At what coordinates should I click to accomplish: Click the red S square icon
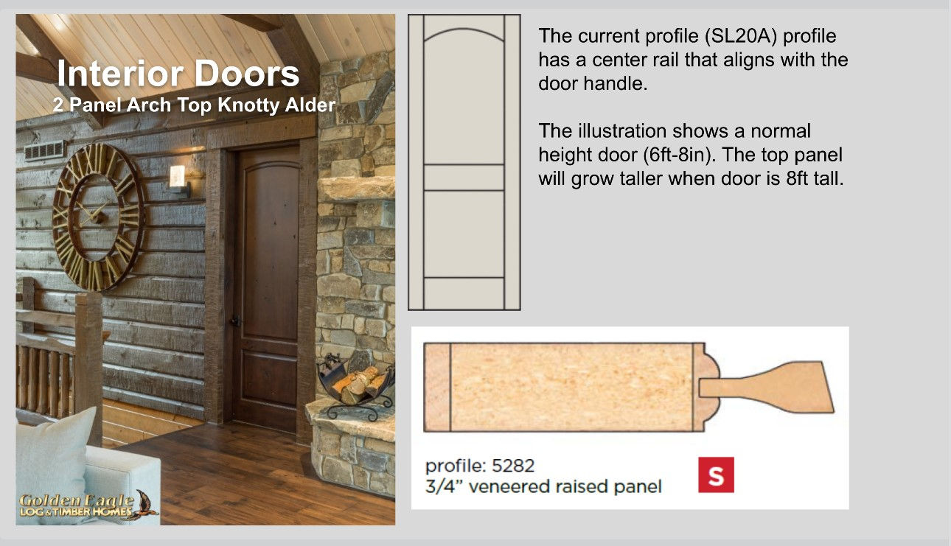click(x=716, y=475)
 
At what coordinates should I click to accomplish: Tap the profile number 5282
click(x=513, y=466)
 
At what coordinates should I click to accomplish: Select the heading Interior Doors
click(x=178, y=74)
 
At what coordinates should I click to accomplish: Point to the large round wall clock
click(x=99, y=217)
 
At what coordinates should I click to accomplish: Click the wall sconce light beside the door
click(x=178, y=181)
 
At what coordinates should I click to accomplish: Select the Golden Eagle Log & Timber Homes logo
click(x=88, y=506)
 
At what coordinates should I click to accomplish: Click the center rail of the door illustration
click(x=464, y=178)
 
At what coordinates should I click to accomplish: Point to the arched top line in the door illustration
click(x=464, y=29)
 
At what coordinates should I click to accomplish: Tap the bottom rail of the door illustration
click(x=464, y=293)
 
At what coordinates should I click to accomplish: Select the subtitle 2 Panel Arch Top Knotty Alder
click(x=194, y=105)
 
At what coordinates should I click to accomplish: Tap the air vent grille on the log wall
click(x=44, y=150)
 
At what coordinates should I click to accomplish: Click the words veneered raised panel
click(x=565, y=486)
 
